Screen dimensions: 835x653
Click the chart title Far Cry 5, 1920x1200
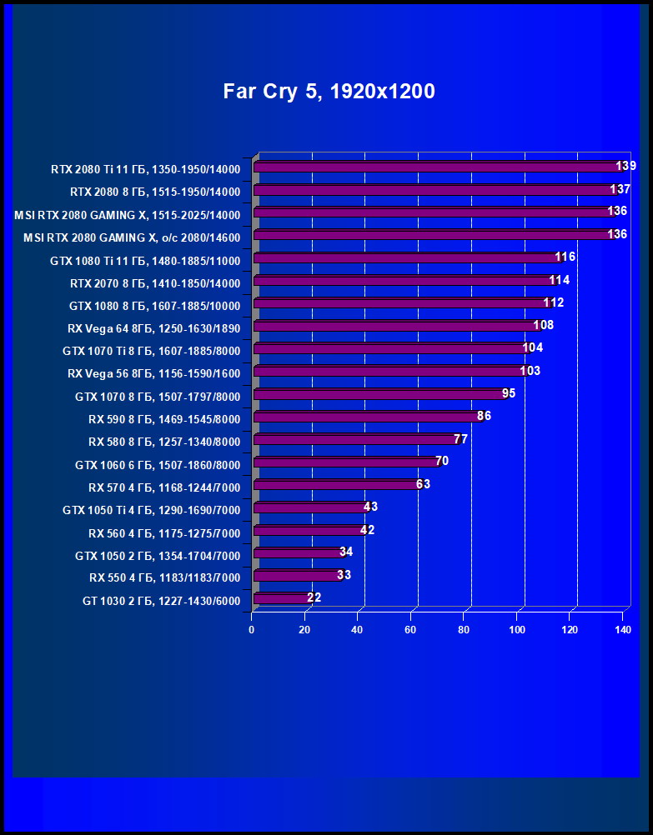329,92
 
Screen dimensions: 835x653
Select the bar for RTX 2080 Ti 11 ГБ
434,167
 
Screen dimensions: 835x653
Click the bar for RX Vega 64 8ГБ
395,326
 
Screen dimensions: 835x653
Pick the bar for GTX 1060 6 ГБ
344,462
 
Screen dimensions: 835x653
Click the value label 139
625,166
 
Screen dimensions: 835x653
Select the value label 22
314,597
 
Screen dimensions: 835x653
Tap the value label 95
509,393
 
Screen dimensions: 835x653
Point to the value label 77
460,439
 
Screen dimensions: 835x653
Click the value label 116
565,257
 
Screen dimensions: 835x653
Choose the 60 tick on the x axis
410,630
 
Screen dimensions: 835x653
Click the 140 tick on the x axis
622,630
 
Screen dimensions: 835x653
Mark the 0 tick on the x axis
252,630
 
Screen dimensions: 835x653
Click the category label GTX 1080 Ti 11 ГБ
145,261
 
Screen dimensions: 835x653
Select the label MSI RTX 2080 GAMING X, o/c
132,237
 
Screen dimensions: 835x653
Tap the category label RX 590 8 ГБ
164,419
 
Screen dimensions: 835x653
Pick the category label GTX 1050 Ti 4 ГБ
151,510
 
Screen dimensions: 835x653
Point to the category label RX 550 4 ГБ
164,577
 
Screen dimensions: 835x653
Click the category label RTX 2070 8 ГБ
154,283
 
